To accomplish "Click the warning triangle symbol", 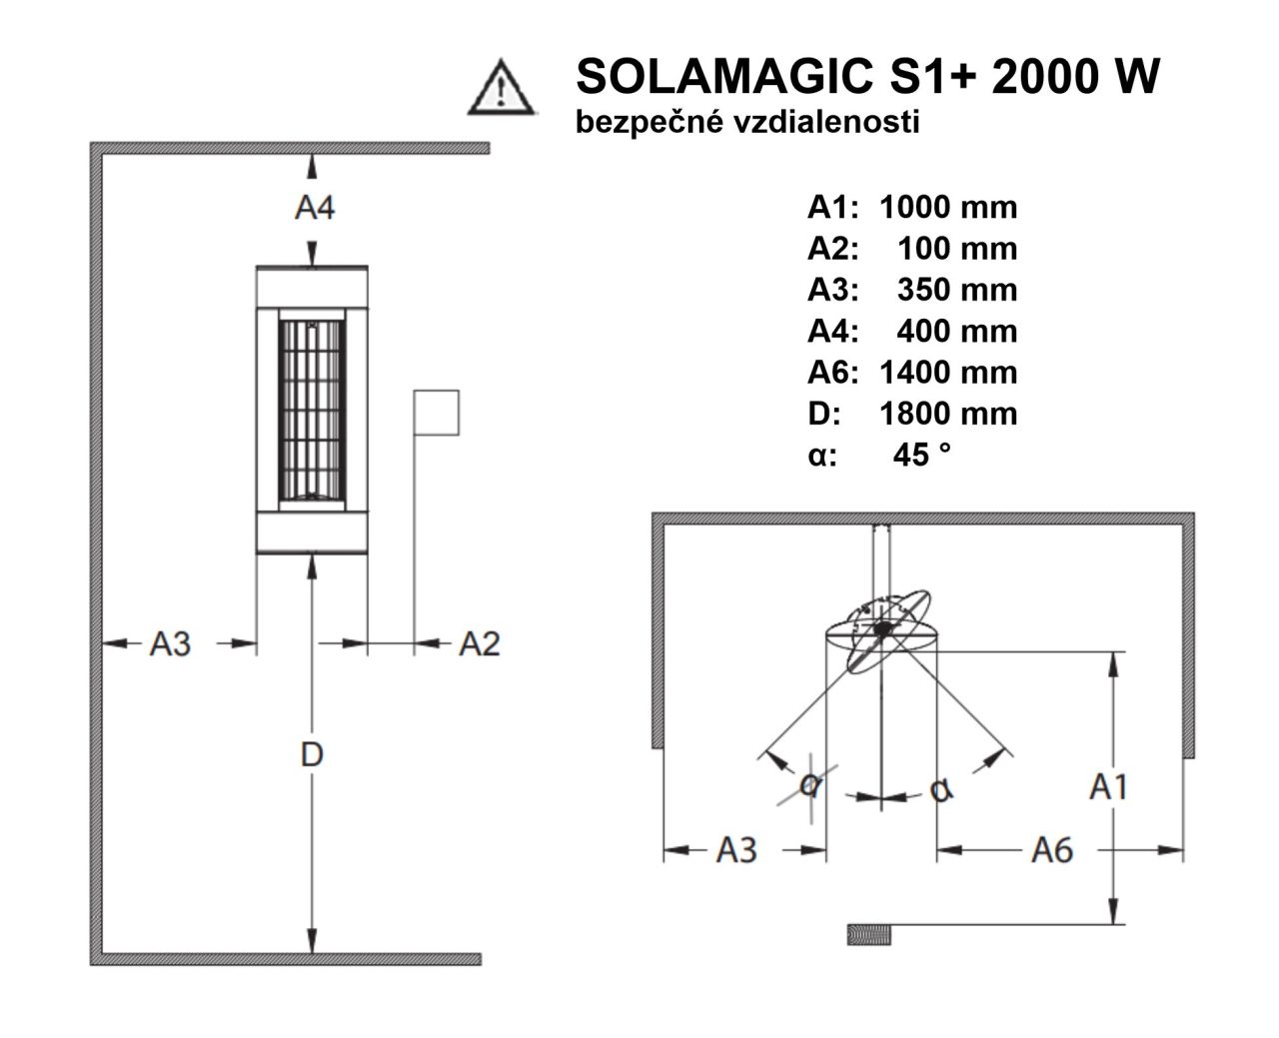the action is [x=501, y=88].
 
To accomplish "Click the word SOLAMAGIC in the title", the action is [x=724, y=76].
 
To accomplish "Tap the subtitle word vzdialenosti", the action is [x=826, y=122].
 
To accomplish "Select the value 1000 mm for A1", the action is [x=948, y=208].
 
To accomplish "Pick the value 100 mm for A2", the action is [x=957, y=249].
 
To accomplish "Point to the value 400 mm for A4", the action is [x=957, y=332].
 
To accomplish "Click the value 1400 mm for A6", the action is [x=948, y=373].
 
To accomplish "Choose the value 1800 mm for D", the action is [x=948, y=414].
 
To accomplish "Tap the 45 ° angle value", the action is [x=921, y=455].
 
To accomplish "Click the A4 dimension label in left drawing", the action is [x=315, y=208].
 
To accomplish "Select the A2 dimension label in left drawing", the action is [x=480, y=644].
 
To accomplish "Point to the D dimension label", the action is [x=312, y=754].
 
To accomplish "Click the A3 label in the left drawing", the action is [x=170, y=644].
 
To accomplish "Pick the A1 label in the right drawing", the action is [x=1108, y=787].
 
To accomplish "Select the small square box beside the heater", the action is [x=436, y=413].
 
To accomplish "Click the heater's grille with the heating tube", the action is [x=312, y=412].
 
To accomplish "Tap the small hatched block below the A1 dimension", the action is [x=868, y=934].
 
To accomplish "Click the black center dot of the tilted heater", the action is [x=882, y=629].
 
